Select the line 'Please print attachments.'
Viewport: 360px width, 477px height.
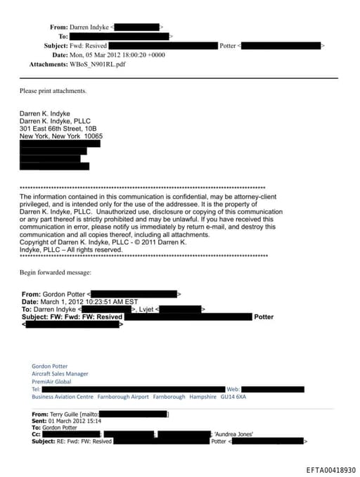tap(53, 91)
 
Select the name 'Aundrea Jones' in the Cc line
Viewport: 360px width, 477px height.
tap(234, 434)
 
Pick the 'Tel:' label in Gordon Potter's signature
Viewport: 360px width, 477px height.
tap(37, 389)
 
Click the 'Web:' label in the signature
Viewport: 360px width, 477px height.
tap(233, 389)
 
